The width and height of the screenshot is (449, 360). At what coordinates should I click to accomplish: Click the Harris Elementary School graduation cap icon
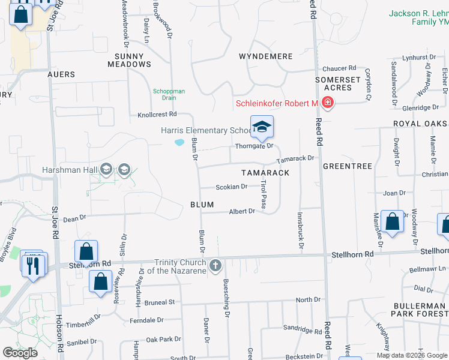[262, 127]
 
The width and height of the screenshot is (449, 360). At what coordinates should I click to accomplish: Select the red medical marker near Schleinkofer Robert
[328, 103]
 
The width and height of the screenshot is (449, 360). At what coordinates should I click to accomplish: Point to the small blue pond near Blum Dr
[179, 143]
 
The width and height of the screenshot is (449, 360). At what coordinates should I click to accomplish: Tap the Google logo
[20, 353]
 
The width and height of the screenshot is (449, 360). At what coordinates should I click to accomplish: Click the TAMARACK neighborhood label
[265, 173]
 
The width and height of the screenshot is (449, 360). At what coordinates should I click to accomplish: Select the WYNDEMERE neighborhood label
[265, 56]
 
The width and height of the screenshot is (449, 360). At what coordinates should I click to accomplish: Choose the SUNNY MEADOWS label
[129, 60]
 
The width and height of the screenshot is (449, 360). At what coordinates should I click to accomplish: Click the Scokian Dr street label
[232, 187]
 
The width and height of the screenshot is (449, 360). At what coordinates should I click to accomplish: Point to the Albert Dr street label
[243, 211]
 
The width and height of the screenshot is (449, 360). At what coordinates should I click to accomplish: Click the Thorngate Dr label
[255, 146]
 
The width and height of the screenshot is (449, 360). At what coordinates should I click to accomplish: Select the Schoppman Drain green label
[169, 94]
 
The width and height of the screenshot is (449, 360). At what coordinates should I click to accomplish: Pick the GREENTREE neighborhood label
[348, 166]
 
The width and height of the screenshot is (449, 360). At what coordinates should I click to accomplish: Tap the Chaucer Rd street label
[339, 68]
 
